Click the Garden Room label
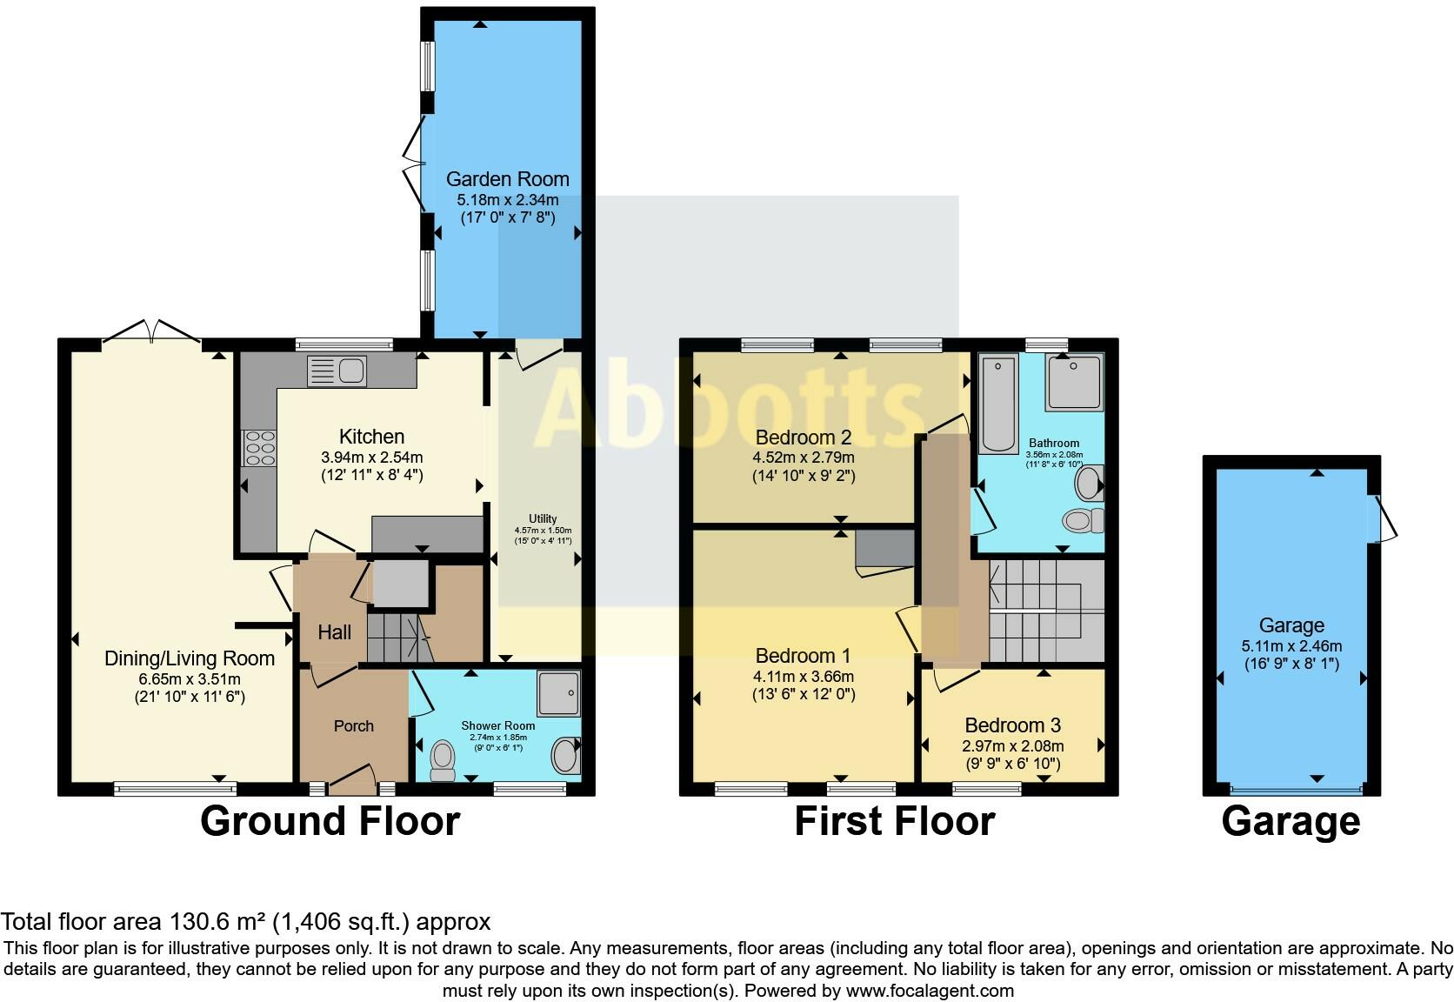click(x=507, y=179)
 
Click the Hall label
click(x=334, y=632)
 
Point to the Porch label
click(x=353, y=725)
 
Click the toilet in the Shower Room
click(x=443, y=760)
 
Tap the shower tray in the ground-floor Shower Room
click(x=557, y=692)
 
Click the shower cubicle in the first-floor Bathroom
click(x=1074, y=383)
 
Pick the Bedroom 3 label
click(x=1012, y=725)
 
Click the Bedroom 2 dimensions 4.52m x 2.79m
click(x=803, y=458)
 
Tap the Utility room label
click(x=543, y=519)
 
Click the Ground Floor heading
click(x=330, y=821)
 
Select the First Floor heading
click(x=894, y=821)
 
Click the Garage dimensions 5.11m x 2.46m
click(x=1291, y=646)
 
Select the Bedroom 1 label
click(x=803, y=656)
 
